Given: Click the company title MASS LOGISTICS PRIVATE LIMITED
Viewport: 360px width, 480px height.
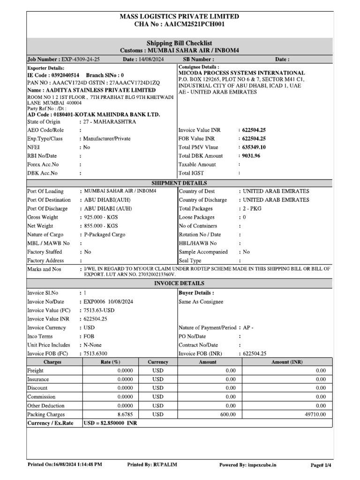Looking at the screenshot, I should (x=180, y=16).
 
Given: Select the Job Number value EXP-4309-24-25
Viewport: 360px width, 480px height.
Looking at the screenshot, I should (x=80, y=60).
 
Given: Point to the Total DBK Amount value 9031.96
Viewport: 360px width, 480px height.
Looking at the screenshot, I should (x=254, y=156).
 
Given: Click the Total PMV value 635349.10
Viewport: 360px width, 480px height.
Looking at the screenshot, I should (x=255, y=147).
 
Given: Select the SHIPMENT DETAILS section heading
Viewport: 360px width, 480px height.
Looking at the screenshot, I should (x=180, y=183).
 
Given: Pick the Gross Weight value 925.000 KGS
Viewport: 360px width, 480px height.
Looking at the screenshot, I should (x=101, y=217).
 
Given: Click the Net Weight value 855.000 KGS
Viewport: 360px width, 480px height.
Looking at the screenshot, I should (x=101, y=225).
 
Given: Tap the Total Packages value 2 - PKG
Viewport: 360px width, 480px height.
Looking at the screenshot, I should (x=252, y=209).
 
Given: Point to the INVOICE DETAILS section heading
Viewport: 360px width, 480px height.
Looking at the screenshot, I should (x=180, y=284).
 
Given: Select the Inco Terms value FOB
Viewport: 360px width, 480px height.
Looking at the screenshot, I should (x=89, y=336).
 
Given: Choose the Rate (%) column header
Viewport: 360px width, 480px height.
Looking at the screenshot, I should (x=111, y=362).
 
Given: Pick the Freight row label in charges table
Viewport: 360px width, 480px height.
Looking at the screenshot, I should (x=36, y=370).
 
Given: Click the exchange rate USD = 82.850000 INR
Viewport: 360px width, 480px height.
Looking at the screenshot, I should (x=110, y=423).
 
